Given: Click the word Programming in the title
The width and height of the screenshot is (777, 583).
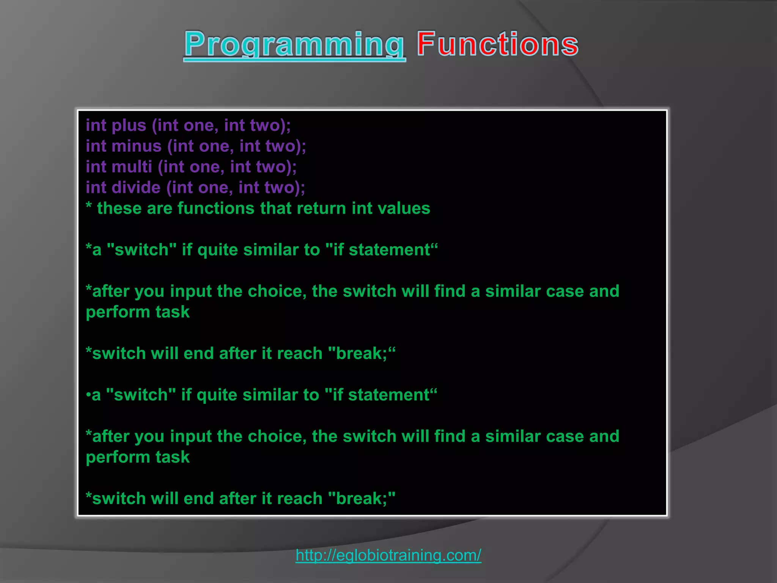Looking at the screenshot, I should pyautogui.click(x=294, y=45).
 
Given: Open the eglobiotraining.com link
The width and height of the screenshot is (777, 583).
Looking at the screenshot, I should pyautogui.click(x=388, y=555).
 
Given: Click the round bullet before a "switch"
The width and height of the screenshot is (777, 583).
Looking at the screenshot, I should pyautogui.click(x=88, y=395).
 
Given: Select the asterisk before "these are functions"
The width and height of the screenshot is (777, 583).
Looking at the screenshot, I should pyautogui.click(x=89, y=207).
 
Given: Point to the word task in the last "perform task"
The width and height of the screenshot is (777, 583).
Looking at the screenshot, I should pyautogui.click(x=172, y=457).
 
